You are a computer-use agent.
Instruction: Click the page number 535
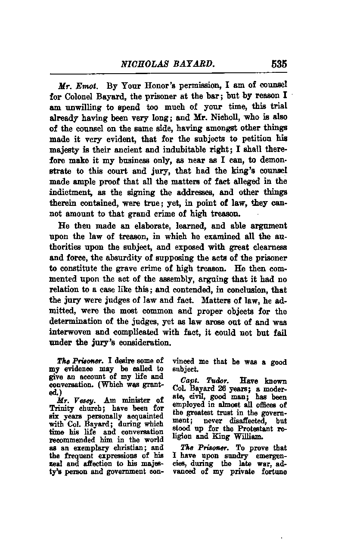(x=279, y=64)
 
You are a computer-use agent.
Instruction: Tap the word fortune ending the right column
(x=272, y=471)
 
